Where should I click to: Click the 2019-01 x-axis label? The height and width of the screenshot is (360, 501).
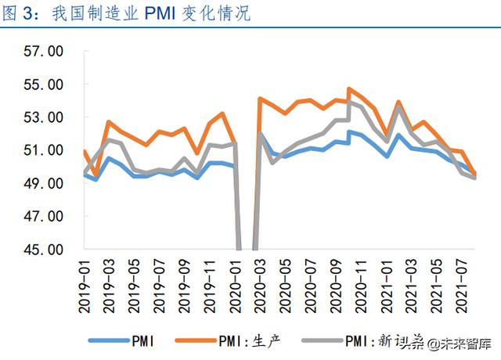(x=85, y=283)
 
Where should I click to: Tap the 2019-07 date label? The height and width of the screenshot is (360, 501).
(x=160, y=283)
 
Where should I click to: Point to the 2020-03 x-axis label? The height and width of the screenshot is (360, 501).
(x=261, y=283)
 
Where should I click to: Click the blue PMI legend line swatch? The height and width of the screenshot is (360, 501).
(x=110, y=340)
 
